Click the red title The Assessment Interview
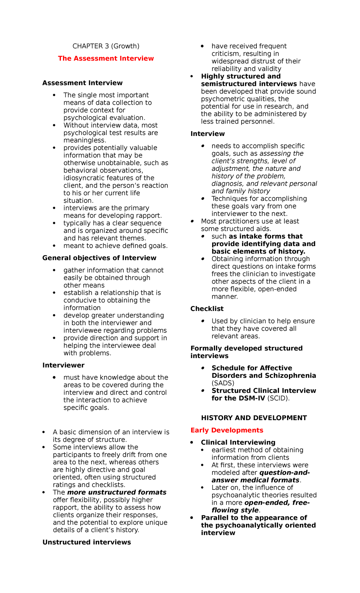coord(106,59)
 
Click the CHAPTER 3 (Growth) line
coord(106,46)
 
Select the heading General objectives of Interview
coord(99,258)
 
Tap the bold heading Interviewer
coord(63,365)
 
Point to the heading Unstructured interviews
coord(86,542)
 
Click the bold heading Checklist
coord(207,309)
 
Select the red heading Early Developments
coord(226,430)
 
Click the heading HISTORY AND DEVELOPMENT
coord(254,418)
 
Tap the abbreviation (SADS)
coord(223,383)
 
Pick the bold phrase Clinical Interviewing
coord(238,443)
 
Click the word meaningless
coord(85,140)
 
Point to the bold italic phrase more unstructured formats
coord(117,492)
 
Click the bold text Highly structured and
coord(241,77)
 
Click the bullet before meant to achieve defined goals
coord(54,246)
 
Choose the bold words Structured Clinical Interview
coord(263,391)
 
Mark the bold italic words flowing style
coord(235,510)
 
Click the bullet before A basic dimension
coord(44,432)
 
